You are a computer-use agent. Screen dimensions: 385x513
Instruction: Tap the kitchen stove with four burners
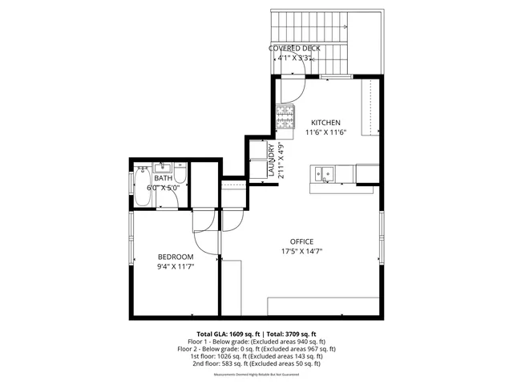click(285, 117)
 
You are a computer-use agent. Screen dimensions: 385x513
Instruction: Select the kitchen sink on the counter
click(325, 172)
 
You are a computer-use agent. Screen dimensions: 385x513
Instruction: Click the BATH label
click(163, 178)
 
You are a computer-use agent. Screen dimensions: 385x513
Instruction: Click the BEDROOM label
click(175, 257)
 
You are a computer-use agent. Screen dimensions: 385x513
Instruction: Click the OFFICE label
click(301, 241)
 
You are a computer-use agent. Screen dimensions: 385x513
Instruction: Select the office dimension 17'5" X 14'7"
click(301, 251)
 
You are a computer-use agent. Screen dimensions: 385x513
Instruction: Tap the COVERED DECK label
click(294, 48)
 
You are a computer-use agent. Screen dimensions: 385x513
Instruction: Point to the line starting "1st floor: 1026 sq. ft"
click(256, 356)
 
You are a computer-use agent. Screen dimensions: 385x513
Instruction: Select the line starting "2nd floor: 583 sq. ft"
click(256, 363)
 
